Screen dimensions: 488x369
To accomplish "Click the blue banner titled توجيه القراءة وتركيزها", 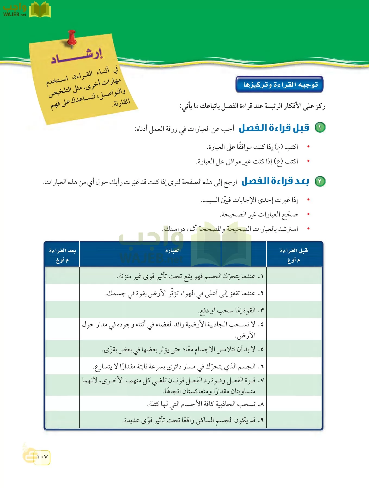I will pos(280,85).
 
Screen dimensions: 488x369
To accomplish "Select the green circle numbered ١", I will pos(320,127).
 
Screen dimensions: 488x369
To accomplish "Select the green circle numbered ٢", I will pos(320,181).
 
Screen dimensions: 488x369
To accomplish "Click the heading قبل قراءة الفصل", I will pos(274,128).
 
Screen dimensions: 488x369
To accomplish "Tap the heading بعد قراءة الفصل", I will pos(275,181).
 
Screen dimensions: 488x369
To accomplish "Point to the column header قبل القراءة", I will pos(294,251).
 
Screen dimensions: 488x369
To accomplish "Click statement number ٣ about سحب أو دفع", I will pos(230,310).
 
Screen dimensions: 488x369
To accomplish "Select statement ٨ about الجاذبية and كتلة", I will pos(205,404).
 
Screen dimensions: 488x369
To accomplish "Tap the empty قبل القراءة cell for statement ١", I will pos(294,276).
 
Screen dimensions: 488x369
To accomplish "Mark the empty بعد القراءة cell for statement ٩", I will pos(62,420).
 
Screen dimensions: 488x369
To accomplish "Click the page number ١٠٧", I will pos(42,457).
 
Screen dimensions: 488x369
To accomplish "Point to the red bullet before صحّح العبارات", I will pos(308,214).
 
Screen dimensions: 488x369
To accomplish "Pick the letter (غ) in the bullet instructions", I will pos(279,162).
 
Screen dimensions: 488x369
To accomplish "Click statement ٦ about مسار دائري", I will pos(178,367).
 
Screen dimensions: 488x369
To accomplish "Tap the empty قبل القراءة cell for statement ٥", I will pos(294,349).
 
